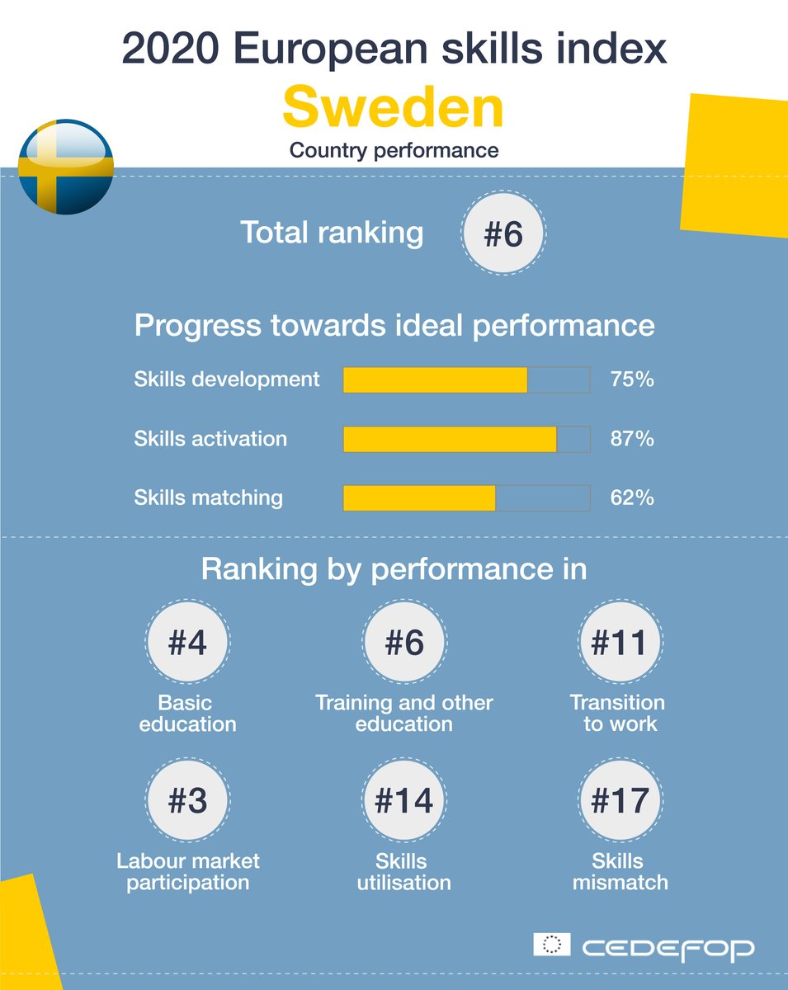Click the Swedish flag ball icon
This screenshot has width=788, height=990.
pos(65,167)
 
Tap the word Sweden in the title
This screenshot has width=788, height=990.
pos(393,109)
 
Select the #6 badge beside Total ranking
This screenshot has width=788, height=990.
pos(503,235)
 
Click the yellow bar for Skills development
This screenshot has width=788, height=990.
pos(435,379)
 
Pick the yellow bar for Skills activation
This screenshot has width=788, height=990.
pos(450,439)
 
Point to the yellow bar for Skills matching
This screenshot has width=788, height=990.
pos(419,498)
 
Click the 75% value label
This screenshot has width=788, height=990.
pos(632,379)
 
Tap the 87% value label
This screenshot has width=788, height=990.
pos(632,439)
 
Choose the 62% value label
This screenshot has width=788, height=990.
pos(632,498)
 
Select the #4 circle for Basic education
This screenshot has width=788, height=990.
pos(187,643)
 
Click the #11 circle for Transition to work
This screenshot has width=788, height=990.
pos(618,643)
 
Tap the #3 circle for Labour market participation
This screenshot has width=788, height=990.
pos(187,801)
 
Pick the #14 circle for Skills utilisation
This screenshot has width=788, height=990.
pos(404,801)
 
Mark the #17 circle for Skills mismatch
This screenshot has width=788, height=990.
pos(618,801)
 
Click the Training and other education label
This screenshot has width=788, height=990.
pos(404,714)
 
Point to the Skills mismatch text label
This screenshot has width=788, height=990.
pos(620,872)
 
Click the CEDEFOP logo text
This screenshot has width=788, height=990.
pos(668,948)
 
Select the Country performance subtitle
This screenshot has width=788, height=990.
pos(394,151)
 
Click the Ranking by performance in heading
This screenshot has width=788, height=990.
pos(394,570)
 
